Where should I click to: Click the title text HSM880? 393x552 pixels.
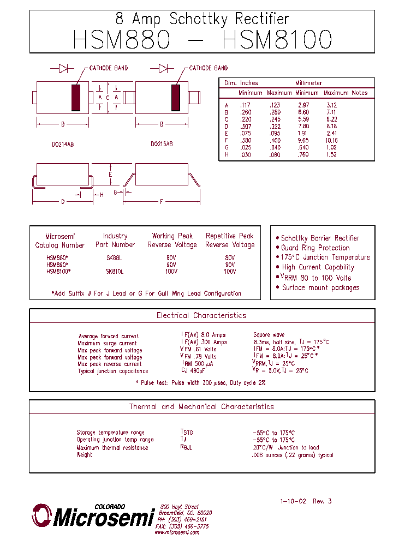click(121, 40)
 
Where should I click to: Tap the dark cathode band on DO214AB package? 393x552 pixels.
click(76, 98)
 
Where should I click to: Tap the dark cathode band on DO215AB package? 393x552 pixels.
click(176, 98)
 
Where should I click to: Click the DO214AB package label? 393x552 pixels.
click(63, 145)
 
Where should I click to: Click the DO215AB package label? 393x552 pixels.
click(162, 145)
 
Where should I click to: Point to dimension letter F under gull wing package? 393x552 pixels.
click(162, 201)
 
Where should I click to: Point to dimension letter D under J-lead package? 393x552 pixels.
click(63, 201)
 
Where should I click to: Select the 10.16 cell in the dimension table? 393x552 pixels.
click(331, 140)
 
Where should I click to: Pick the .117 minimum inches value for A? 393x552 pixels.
click(245, 105)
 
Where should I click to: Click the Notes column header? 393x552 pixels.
click(360, 93)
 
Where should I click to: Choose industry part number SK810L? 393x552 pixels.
click(115, 271)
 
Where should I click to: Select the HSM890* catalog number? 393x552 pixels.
click(57, 264)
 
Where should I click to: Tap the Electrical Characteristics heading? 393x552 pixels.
click(201, 315)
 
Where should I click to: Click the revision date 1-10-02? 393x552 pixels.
click(292, 501)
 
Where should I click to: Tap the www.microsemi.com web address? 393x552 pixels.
click(176, 532)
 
